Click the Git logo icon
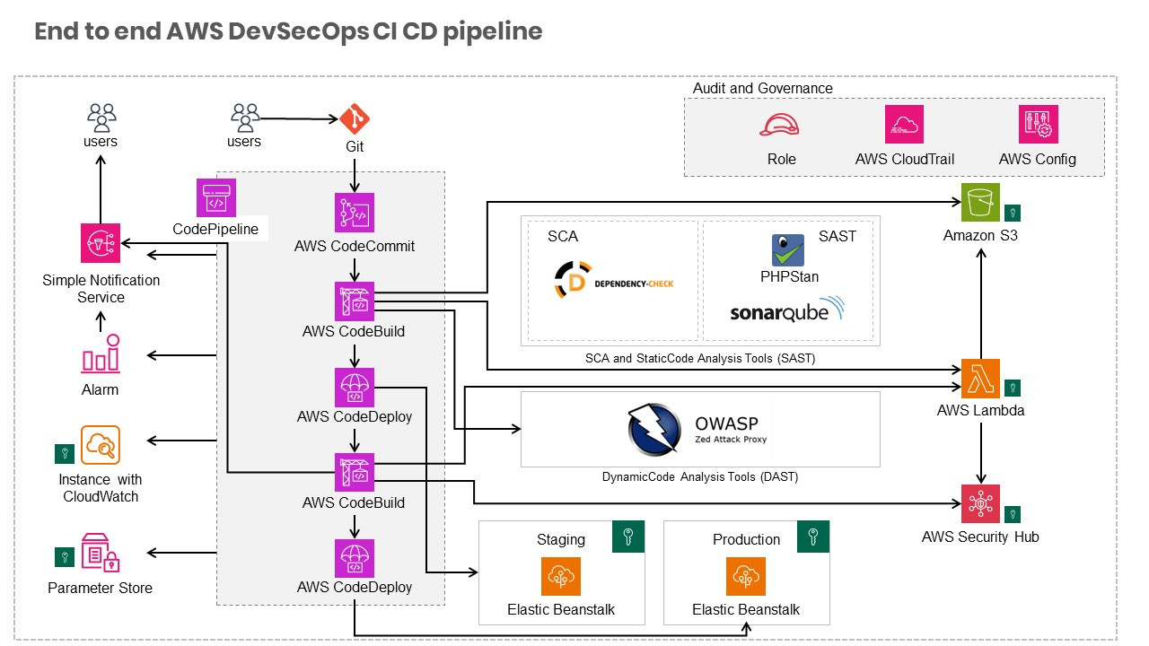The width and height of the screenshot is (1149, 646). tap(355, 119)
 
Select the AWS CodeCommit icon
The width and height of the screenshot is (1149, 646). tap(355, 213)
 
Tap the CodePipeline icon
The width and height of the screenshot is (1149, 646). tap(216, 198)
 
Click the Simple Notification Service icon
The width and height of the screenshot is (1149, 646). tap(101, 243)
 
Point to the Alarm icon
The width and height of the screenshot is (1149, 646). tap(101, 354)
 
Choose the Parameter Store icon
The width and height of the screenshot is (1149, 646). tap(101, 553)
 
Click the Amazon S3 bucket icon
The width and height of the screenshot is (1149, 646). tap(980, 202)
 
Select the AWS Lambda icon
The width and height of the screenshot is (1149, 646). tap(980, 379)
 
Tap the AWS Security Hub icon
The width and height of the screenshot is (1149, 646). tap(980, 504)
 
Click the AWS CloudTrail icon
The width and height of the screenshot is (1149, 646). tap(904, 124)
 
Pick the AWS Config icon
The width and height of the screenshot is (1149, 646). tap(1039, 124)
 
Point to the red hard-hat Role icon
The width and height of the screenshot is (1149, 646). tap(779, 125)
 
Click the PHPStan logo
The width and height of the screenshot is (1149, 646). tap(788, 250)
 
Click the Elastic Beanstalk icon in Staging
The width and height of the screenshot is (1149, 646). tap(561, 577)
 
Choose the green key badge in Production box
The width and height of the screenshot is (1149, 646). tap(813, 537)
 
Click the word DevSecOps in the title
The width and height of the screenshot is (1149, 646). tap(298, 31)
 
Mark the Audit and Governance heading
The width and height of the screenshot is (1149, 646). tap(763, 88)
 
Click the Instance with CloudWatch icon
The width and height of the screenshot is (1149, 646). tap(101, 445)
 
